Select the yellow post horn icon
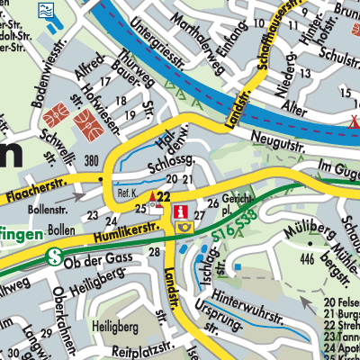point(184,228)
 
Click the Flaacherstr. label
point(35,192)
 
